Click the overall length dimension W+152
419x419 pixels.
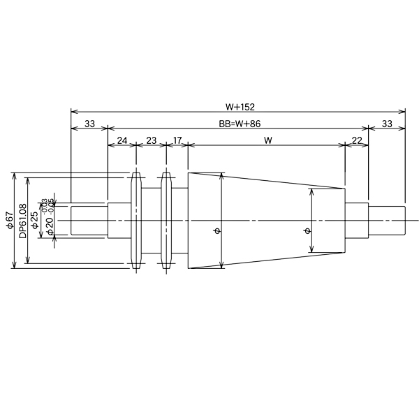tap(238, 107)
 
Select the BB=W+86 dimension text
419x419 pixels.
tap(238, 124)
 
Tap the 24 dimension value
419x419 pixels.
tap(122, 140)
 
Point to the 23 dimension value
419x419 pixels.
tap(152, 140)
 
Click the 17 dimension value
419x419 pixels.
tap(177, 140)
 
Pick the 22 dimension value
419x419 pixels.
tap(357, 140)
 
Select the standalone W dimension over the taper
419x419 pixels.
tap(267, 140)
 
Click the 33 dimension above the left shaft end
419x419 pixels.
tap(89, 124)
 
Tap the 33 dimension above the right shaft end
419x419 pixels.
tap(387, 124)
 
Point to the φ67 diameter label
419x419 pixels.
tap(10, 219)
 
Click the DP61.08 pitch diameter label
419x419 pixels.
tap(23, 221)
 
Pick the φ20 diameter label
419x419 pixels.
tap(49, 225)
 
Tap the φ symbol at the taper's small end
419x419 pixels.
tap(307, 230)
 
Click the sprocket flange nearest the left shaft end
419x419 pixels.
tap(136, 220)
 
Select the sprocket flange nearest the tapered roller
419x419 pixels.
tap(166, 220)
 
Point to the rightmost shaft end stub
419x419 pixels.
tap(387, 220)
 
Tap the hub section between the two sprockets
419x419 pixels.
tap(152, 220)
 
